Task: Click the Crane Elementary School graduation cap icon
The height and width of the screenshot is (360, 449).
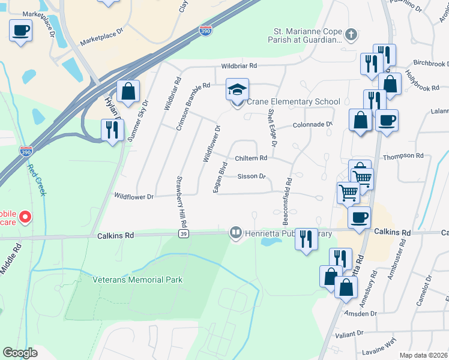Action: (x=237, y=90)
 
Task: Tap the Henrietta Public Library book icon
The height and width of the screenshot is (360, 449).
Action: (x=235, y=232)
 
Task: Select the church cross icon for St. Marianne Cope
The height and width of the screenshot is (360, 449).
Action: (x=351, y=35)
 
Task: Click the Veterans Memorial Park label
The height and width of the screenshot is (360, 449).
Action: (x=137, y=280)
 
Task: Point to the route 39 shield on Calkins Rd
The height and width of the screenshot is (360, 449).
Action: (x=184, y=233)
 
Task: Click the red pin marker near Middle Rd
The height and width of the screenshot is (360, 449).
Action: (x=25, y=216)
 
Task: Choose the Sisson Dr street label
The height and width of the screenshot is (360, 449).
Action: (x=252, y=176)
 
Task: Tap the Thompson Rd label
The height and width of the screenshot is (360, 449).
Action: (x=403, y=156)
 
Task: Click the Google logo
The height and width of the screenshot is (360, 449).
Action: (x=20, y=353)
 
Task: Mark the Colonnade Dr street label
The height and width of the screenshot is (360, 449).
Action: (x=312, y=125)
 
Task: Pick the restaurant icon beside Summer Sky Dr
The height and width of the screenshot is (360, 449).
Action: (x=112, y=130)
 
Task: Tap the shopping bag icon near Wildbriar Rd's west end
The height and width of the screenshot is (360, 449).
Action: (x=128, y=91)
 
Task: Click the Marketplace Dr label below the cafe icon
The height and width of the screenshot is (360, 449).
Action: (x=101, y=43)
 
